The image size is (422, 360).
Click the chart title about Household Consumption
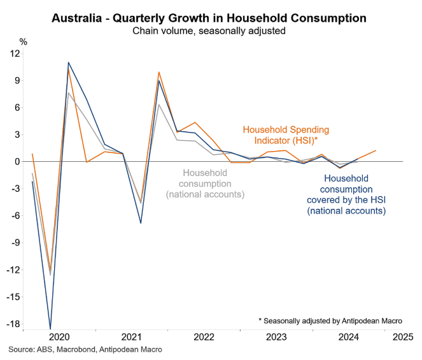[x=210, y=17]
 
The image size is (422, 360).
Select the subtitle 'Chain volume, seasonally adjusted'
[x=210, y=30]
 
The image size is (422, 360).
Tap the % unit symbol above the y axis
[x=24, y=41]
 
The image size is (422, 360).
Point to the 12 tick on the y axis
[x=15, y=54]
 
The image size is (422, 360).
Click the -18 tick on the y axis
[x=13, y=324]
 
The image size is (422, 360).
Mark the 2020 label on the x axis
[x=59, y=336]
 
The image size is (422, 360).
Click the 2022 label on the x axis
[x=204, y=336]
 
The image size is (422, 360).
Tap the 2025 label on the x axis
[x=402, y=336]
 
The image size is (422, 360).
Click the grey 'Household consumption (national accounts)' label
[x=206, y=184]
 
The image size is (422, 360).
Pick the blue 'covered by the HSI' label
[x=346, y=200]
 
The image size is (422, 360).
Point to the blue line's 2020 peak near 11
[x=68, y=62]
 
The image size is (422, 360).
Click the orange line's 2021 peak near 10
[x=158, y=72]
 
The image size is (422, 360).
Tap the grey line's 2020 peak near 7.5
[x=68, y=93]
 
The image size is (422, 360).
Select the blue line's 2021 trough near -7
[x=141, y=223]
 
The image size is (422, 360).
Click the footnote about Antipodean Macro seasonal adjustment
[x=330, y=320]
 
